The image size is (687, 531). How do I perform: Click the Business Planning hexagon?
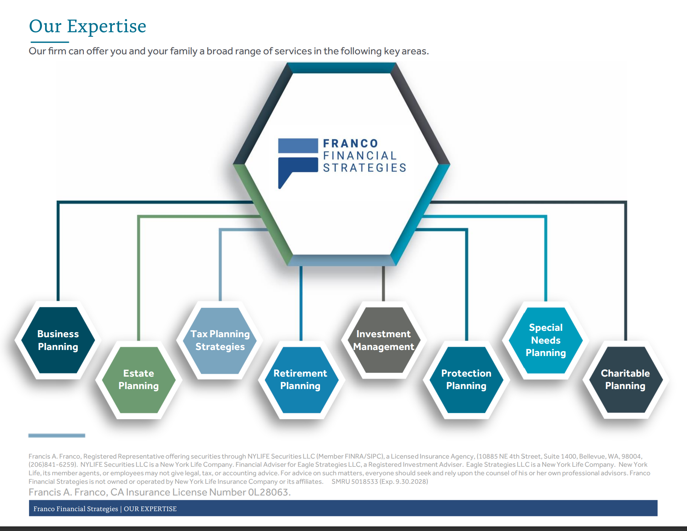click(58, 340)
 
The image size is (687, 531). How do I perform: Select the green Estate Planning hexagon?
click(139, 379)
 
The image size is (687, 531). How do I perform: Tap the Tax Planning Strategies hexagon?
click(220, 340)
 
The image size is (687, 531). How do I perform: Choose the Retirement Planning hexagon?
click(300, 379)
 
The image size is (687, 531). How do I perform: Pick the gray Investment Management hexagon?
click(383, 340)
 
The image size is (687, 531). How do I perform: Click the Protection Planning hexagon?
click(466, 379)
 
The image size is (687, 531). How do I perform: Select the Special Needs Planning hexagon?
click(546, 340)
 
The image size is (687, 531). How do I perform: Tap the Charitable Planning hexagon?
click(625, 379)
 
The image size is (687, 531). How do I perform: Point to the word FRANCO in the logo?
click(350, 143)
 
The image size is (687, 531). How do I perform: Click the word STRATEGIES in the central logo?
click(364, 168)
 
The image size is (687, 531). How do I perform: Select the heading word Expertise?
click(107, 26)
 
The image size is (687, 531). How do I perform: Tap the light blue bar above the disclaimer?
click(57, 436)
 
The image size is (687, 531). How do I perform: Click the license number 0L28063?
click(269, 492)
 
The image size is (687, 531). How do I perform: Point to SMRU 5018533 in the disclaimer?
click(355, 482)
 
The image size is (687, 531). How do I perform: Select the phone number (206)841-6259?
click(53, 465)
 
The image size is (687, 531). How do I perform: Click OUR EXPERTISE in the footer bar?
click(150, 509)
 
